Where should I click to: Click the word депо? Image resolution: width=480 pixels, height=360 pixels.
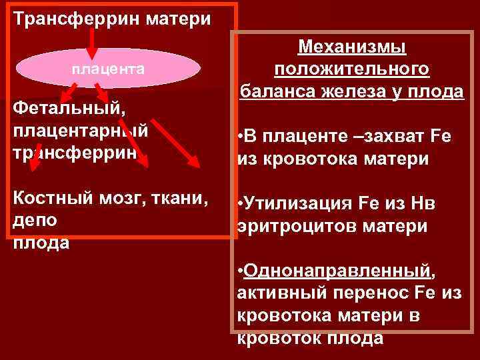[35, 220]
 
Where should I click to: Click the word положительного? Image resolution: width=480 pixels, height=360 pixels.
[351, 69]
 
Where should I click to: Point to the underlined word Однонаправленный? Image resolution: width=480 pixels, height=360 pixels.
[337, 272]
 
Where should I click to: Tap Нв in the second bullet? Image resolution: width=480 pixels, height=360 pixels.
[424, 204]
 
